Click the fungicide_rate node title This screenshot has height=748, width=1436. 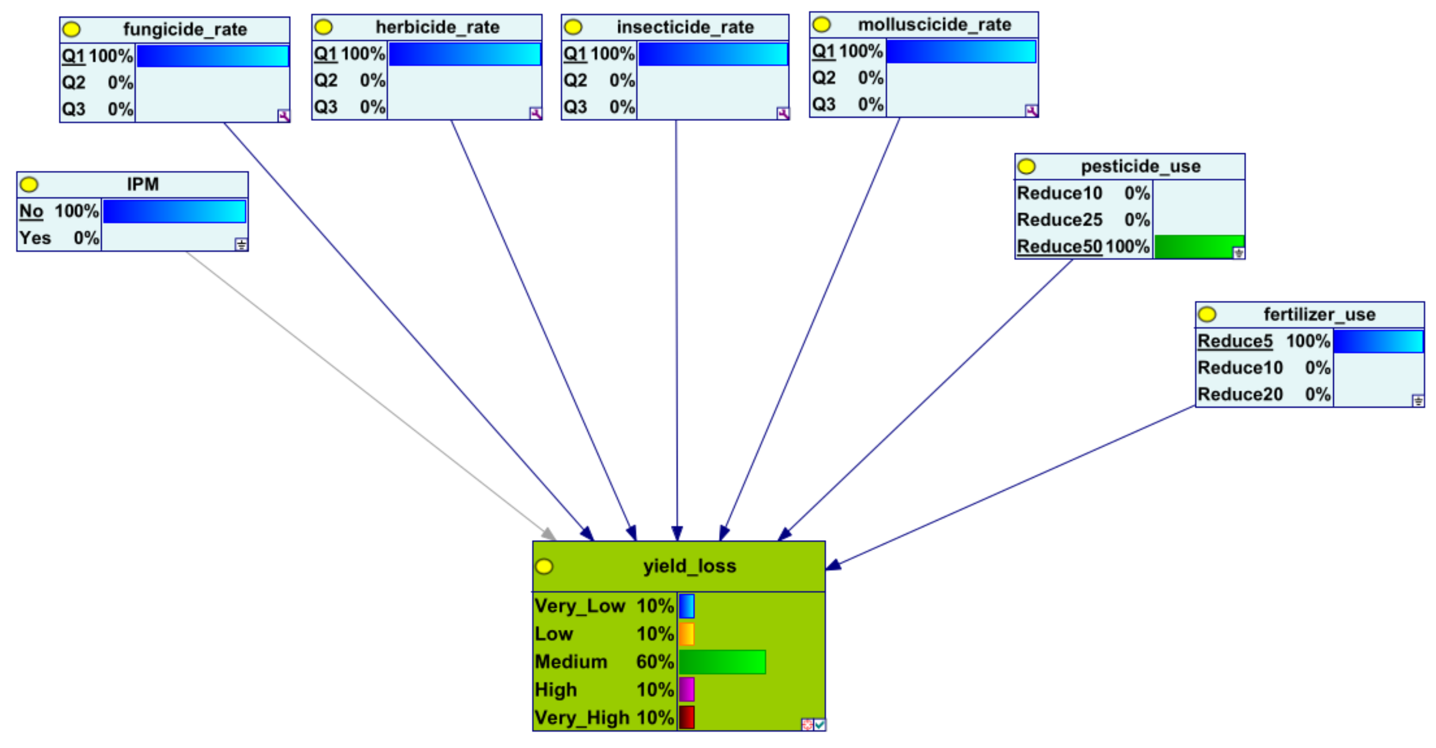click(184, 29)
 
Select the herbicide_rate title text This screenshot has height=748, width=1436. click(437, 27)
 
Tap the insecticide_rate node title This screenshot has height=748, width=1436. click(685, 27)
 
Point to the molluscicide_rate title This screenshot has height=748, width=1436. click(934, 24)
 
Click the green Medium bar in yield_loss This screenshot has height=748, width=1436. click(722, 662)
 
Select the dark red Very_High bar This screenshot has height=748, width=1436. click(686, 718)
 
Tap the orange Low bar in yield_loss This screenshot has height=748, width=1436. click(686, 634)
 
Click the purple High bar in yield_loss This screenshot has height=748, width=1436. click(686, 689)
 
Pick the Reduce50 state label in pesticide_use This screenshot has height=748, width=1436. click(1059, 246)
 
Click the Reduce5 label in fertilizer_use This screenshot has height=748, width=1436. click(1235, 341)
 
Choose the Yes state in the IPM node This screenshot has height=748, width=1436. click(35, 238)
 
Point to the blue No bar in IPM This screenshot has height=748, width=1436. click(174, 212)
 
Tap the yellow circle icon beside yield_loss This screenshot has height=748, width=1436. click(544, 567)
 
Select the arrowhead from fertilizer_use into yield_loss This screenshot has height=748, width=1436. click(834, 566)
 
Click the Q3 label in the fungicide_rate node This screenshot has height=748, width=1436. click(73, 109)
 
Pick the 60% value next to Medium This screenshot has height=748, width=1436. click(655, 662)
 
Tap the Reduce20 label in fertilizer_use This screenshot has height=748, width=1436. click(1240, 394)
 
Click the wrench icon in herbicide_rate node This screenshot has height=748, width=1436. click(535, 114)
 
